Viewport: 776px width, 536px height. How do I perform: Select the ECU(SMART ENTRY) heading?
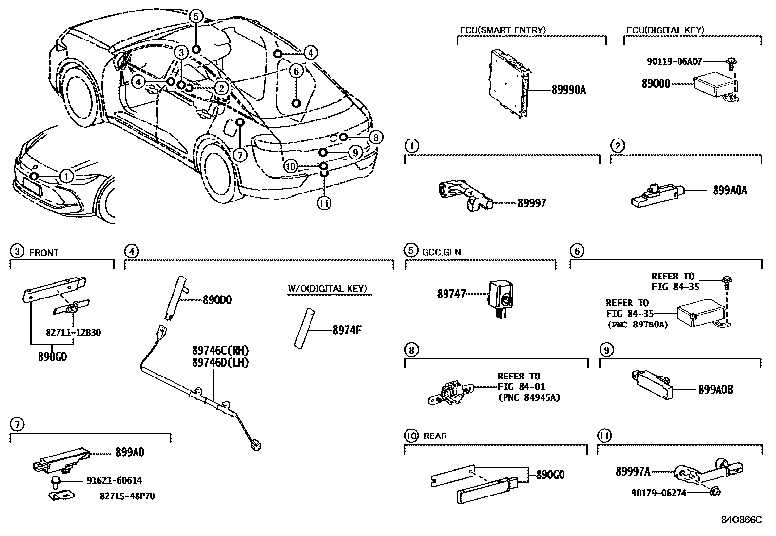(x=503, y=30)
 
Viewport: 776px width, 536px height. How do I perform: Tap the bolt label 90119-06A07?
(x=675, y=62)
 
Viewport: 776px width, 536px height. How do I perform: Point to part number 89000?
(x=656, y=84)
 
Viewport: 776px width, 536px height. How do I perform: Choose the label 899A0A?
(x=730, y=191)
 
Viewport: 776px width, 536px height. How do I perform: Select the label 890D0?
(x=217, y=300)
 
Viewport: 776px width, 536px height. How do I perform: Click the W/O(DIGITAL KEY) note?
(x=327, y=289)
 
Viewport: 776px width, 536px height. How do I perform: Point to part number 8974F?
(x=347, y=330)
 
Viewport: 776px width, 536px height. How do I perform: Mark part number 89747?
(x=451, y=294)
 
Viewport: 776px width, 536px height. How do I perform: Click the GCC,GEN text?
(x=442, y=252)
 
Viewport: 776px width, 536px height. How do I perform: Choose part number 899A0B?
(x=716, y=389)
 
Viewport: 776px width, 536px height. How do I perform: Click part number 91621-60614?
(x=114, y=481)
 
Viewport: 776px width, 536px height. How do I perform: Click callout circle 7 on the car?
(x=240, y=155)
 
